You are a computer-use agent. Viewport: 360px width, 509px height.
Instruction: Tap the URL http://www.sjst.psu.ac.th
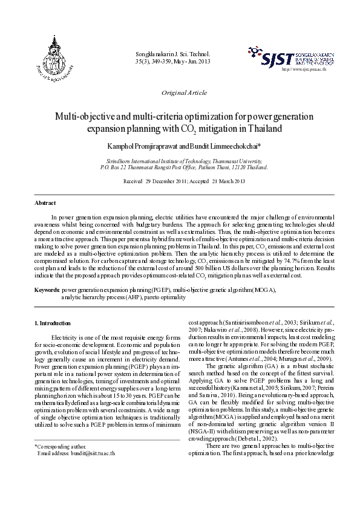(304, 70)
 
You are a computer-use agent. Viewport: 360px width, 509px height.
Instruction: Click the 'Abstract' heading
(45, 203)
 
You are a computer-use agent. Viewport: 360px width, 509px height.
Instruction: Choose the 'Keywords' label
(47, 291)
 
